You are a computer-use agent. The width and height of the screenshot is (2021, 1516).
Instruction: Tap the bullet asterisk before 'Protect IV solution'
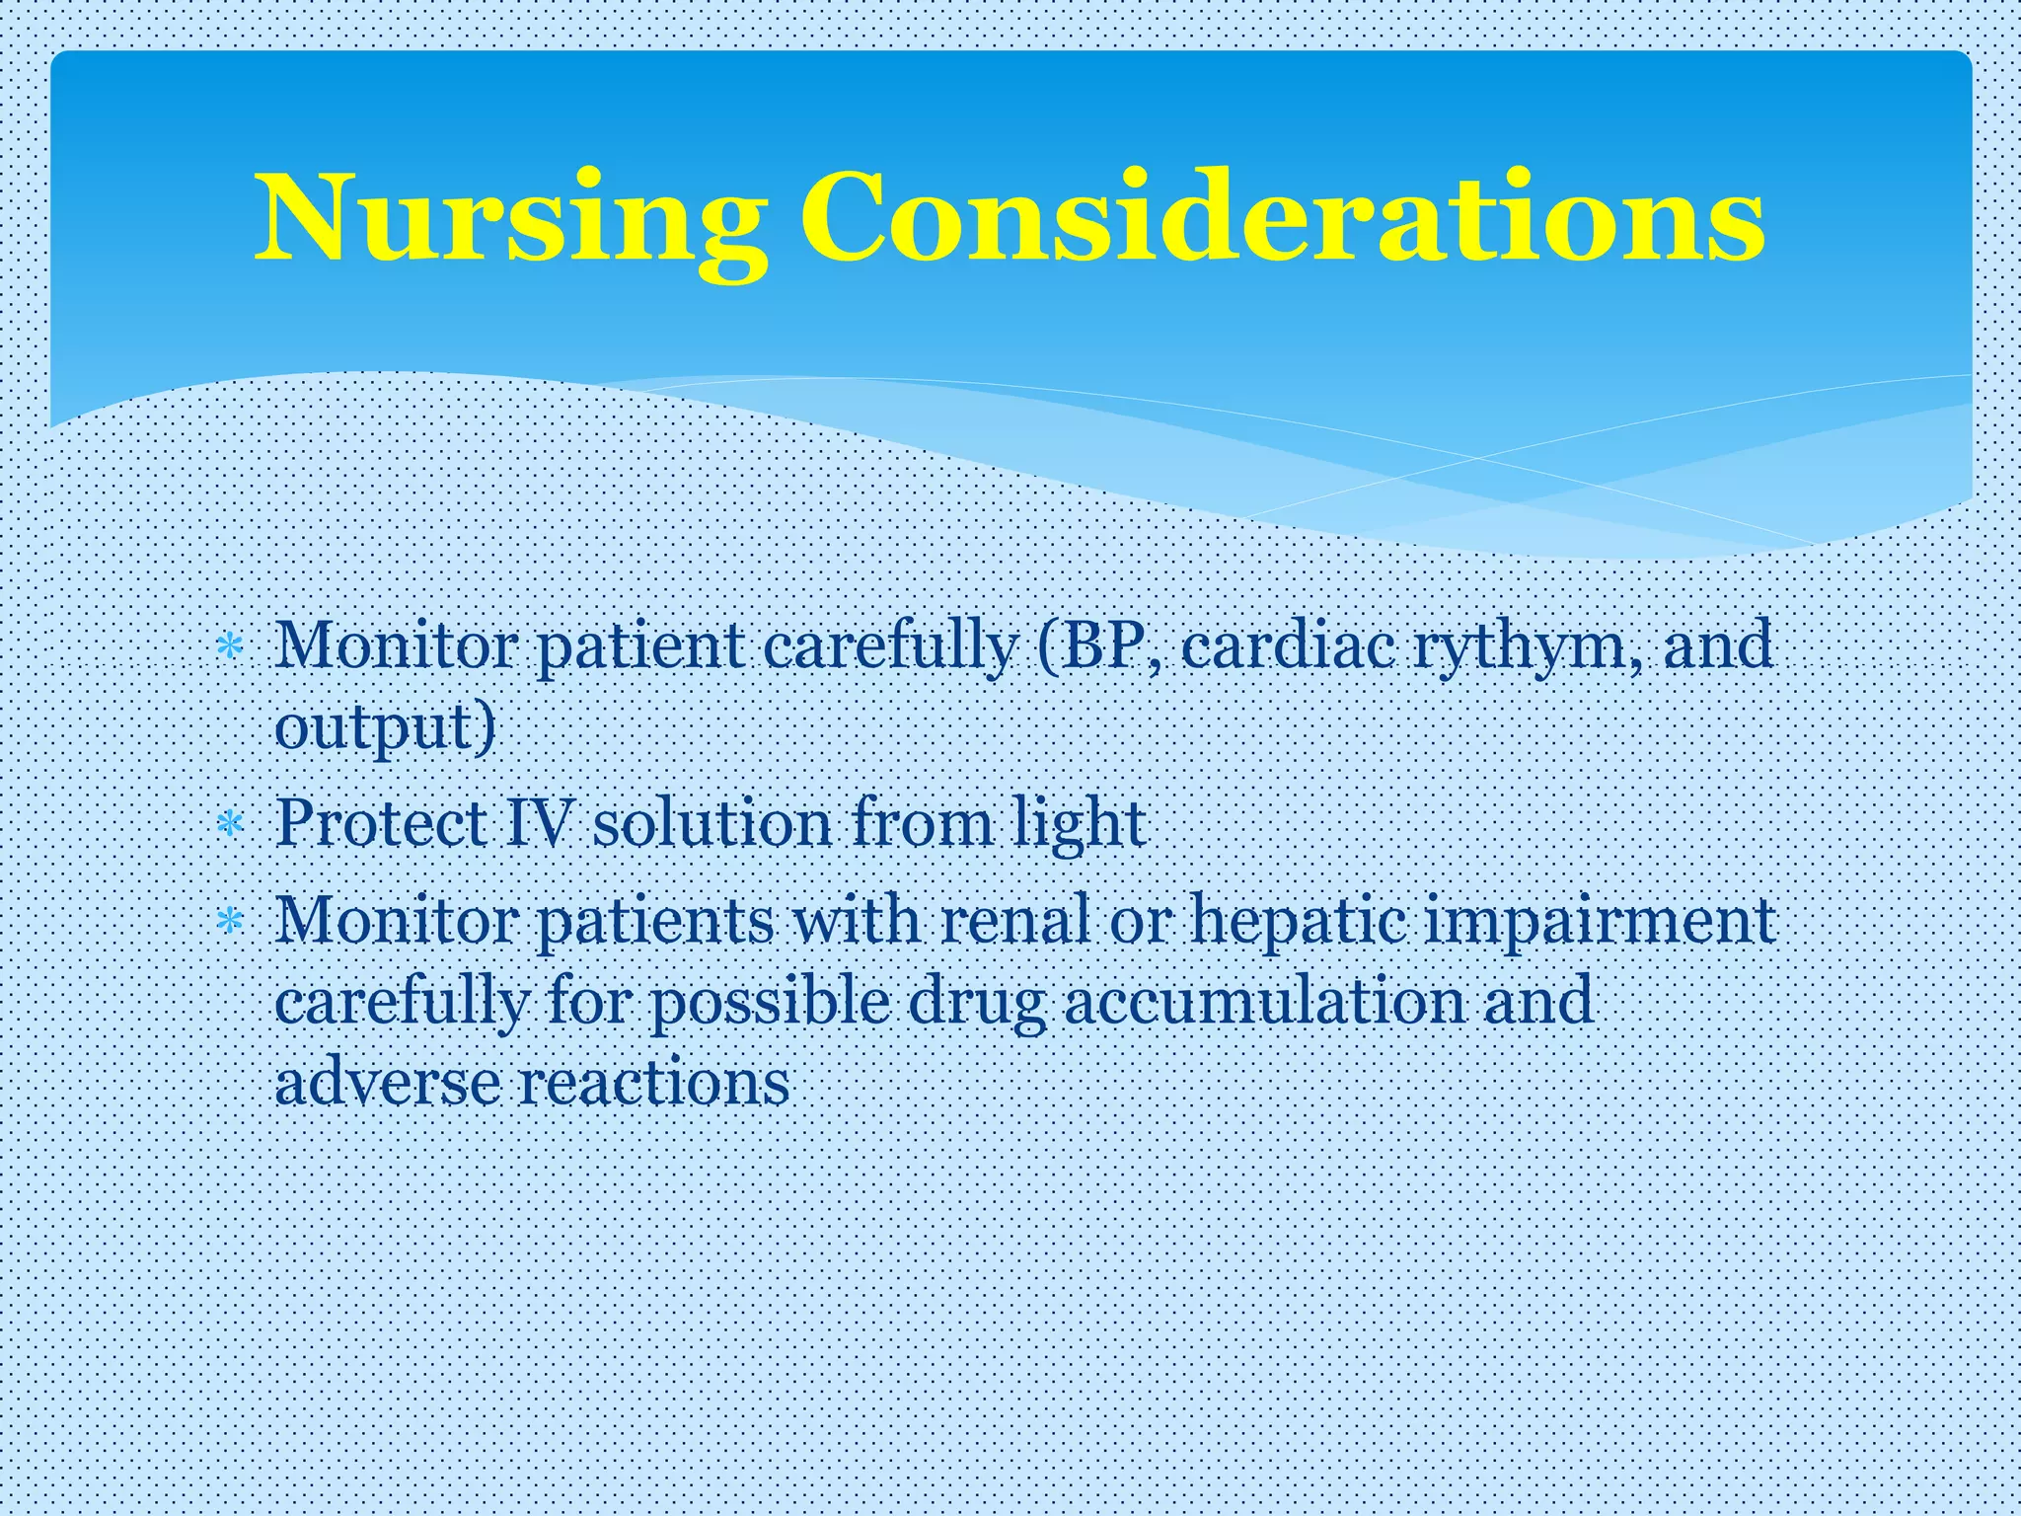230,823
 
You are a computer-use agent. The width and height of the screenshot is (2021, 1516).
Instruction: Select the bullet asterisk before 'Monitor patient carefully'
230,647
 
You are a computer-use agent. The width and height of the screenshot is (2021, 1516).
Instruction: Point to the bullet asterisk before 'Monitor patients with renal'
230,922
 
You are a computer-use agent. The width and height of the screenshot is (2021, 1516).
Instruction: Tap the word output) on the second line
385,729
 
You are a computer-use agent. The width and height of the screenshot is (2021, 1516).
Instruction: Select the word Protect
381,823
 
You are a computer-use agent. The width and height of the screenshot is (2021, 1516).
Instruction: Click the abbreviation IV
539,823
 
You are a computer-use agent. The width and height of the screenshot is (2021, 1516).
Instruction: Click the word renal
1015,920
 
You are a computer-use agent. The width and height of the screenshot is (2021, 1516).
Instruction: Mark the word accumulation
1264,1001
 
